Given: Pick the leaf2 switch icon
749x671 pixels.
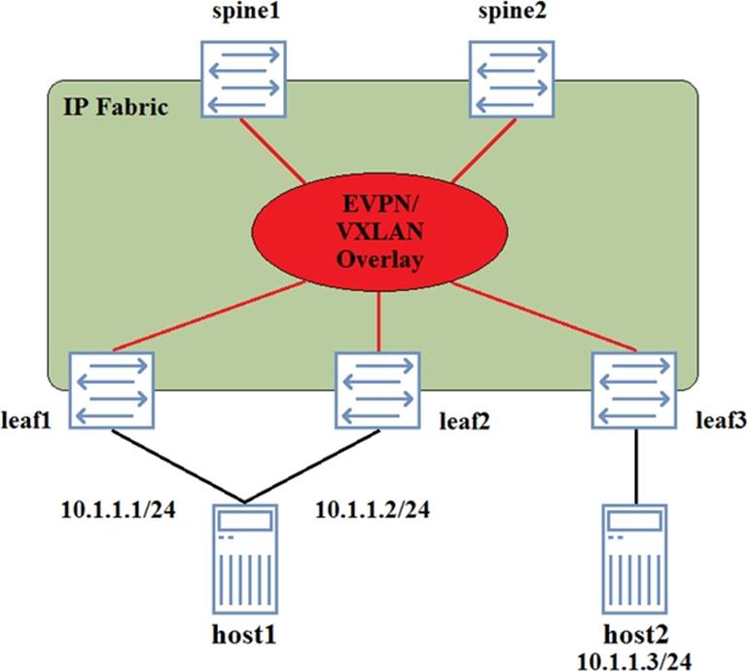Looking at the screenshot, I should (x=376, y=391).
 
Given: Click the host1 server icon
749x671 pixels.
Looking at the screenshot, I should (x=242, y=556).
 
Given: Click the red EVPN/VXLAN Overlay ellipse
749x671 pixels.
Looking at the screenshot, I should (x=378, y=231).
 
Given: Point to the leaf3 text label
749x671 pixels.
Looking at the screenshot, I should (x=721, y=422).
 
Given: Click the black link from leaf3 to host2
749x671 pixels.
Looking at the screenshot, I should (x=636, y=466).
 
